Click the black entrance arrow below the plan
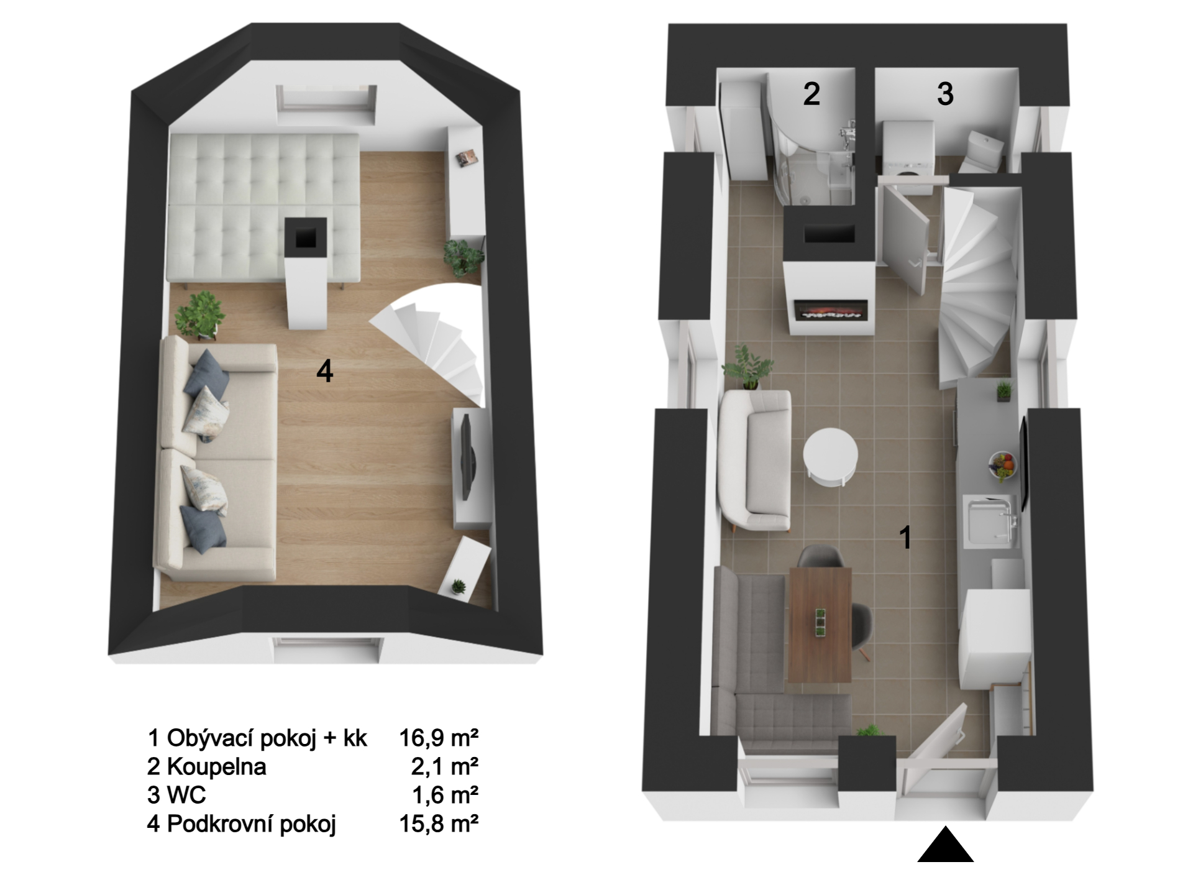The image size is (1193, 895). click(x=945, y=845)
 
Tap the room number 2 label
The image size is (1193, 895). click(x=811, y=94)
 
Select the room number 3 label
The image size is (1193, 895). click(x=945, y=94)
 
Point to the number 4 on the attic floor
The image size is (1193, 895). click(x=325, y=371)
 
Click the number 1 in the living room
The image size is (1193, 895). click(x=906, y=537)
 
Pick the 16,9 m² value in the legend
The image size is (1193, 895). click(x=439, y=738)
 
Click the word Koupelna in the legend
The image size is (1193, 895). click(x=216, y=766)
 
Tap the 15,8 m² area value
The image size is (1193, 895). click(x=439, y=824)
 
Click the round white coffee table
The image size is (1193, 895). click(x=831, y=458)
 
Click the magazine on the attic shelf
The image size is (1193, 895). click(x=467, y=158)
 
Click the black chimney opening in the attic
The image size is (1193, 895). click(x=305, y=237)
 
